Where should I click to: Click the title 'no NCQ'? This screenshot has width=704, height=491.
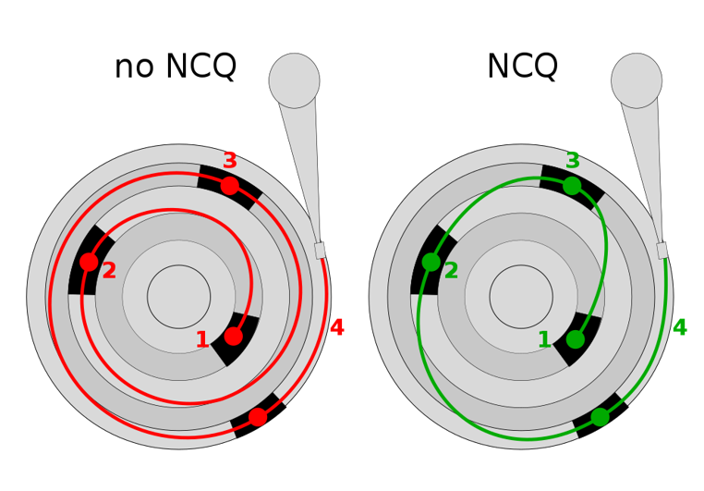tap(175, 68)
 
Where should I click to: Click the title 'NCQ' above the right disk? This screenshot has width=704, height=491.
tap(522, 68)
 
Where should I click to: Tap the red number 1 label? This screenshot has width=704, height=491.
tap(202, 340)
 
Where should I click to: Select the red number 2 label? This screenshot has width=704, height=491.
tap(109, 271)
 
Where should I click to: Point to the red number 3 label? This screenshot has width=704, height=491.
tap(230, 161)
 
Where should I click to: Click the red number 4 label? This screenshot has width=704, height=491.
tap(337, 328)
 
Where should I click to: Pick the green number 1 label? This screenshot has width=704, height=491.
tap(544, 340)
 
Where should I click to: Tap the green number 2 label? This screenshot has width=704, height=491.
tap(451, 271)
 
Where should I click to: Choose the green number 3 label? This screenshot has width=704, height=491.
tap(573, 161)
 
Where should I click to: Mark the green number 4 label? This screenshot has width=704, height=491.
tap(680, 328)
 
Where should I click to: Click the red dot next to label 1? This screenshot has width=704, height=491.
tap(234, 337)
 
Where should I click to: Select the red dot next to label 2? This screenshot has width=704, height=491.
tap(89, 262)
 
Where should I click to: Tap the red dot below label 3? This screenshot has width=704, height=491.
tap(230, 186)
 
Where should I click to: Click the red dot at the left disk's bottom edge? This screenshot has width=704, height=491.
tap(258, 417)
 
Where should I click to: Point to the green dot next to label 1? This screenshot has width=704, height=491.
tap(576, 339)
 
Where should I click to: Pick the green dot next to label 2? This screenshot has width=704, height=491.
tap(431, 262)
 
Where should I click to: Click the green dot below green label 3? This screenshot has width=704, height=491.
tap(572, 186)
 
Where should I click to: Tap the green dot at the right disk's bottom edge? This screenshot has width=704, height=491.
tap(600, 417)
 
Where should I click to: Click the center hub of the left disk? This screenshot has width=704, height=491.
tap(178, 297)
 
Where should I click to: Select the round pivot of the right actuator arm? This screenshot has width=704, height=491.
tap(637, 80)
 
